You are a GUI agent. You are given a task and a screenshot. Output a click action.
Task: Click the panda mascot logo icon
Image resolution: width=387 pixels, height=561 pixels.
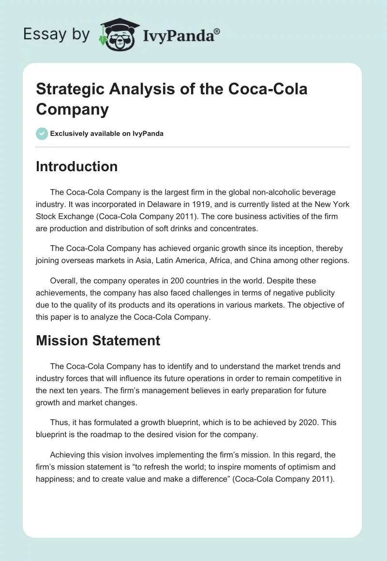119,34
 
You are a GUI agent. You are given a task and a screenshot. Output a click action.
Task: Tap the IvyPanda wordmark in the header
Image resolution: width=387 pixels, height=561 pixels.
181,35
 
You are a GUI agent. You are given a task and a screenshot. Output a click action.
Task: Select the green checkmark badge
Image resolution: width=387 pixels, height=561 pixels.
42,133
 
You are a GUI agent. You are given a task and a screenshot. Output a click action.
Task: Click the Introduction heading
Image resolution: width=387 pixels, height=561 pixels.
76,166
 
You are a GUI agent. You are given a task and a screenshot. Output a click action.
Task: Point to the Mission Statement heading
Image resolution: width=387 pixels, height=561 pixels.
98,340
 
